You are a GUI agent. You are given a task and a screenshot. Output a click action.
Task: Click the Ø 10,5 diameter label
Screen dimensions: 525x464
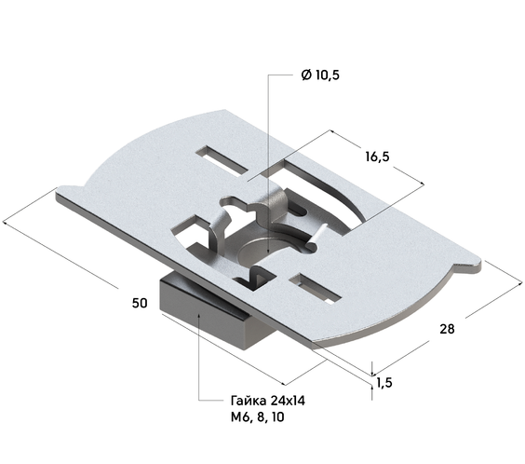click(320, 75)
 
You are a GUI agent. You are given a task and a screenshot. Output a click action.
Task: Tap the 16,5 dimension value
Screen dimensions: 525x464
click(377, 157)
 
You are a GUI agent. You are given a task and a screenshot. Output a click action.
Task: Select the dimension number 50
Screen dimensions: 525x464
click(140, 303)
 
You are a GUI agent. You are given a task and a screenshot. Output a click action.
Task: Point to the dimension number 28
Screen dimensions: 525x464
click(447, 329)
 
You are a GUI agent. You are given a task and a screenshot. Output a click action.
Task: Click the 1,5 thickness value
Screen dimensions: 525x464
click(384, 382)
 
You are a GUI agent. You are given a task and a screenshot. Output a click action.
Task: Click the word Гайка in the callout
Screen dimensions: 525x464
click(249, 401)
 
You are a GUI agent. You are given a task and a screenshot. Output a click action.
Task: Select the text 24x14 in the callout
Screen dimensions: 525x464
click(288, 401)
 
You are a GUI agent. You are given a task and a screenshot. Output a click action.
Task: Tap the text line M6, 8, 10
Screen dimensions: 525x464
click(258, 417)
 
